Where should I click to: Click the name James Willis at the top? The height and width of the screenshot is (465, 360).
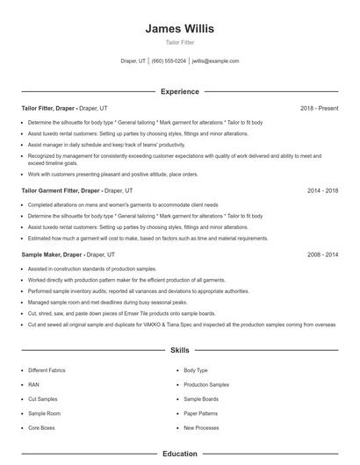pyautogui.click(x=179, y=28)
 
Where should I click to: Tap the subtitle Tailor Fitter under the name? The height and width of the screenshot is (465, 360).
pyautogui.click(x=179, y=42)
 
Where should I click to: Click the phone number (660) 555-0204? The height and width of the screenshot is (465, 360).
pyautogui.click(x=169, y=61)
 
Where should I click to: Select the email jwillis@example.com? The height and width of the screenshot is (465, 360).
pyautogui.click(x=215, y=61)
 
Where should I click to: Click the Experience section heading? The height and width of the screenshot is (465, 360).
pyautogui.click(x=179, y=91)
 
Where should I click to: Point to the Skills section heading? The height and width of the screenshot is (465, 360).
pyautogui.click(x=179, y=350)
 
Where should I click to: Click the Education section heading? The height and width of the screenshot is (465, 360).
pyautogui.click(x=179, y=454)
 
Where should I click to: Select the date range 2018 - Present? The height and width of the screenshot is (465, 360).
pyautogui.click(x=319, y=108)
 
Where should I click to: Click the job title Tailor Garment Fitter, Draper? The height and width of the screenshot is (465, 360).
pyautogui.click(x=61, y=190)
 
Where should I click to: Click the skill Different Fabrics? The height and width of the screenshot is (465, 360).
pyautogui.click(x=47, y=370)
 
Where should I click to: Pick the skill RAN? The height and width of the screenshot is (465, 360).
pyautogui.click(x=33, y=384)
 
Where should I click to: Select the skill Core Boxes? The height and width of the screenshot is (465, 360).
pyautogui.click(x=41, y=427)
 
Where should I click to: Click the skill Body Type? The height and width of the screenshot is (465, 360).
pyautogui.click(x=196, y=370)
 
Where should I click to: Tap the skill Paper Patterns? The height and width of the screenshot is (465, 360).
pyautogui.click(x=200, y=413)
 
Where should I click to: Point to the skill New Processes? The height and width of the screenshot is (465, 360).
pyautogui.click(x=201, y=427)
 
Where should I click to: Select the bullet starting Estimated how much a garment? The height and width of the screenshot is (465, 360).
pyautogui.click(x=148, y=238)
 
